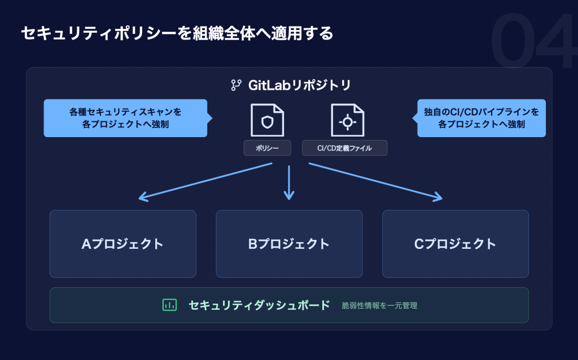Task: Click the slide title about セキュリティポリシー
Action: [177, 33]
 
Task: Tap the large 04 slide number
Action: [534, 41]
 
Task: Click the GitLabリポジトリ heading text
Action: [299, 85]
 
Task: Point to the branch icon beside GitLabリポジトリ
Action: [236, 85]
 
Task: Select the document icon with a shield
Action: [267, 120]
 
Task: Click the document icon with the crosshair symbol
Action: [348, 120]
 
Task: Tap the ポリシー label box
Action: [267, 148]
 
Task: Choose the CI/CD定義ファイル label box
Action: [345, 148]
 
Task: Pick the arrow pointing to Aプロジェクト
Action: [205, 182]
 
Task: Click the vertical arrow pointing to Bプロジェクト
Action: [289, 182]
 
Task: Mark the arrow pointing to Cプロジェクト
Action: [375, 182]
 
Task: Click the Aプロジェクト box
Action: [122, 244]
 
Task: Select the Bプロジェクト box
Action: [289, 244]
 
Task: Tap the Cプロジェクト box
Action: [456, 244]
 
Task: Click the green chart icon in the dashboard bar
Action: [169, 305]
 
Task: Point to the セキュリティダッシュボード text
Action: [259, 305]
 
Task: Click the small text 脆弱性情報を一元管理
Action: [379, 305]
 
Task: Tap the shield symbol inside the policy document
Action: [267, 122]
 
